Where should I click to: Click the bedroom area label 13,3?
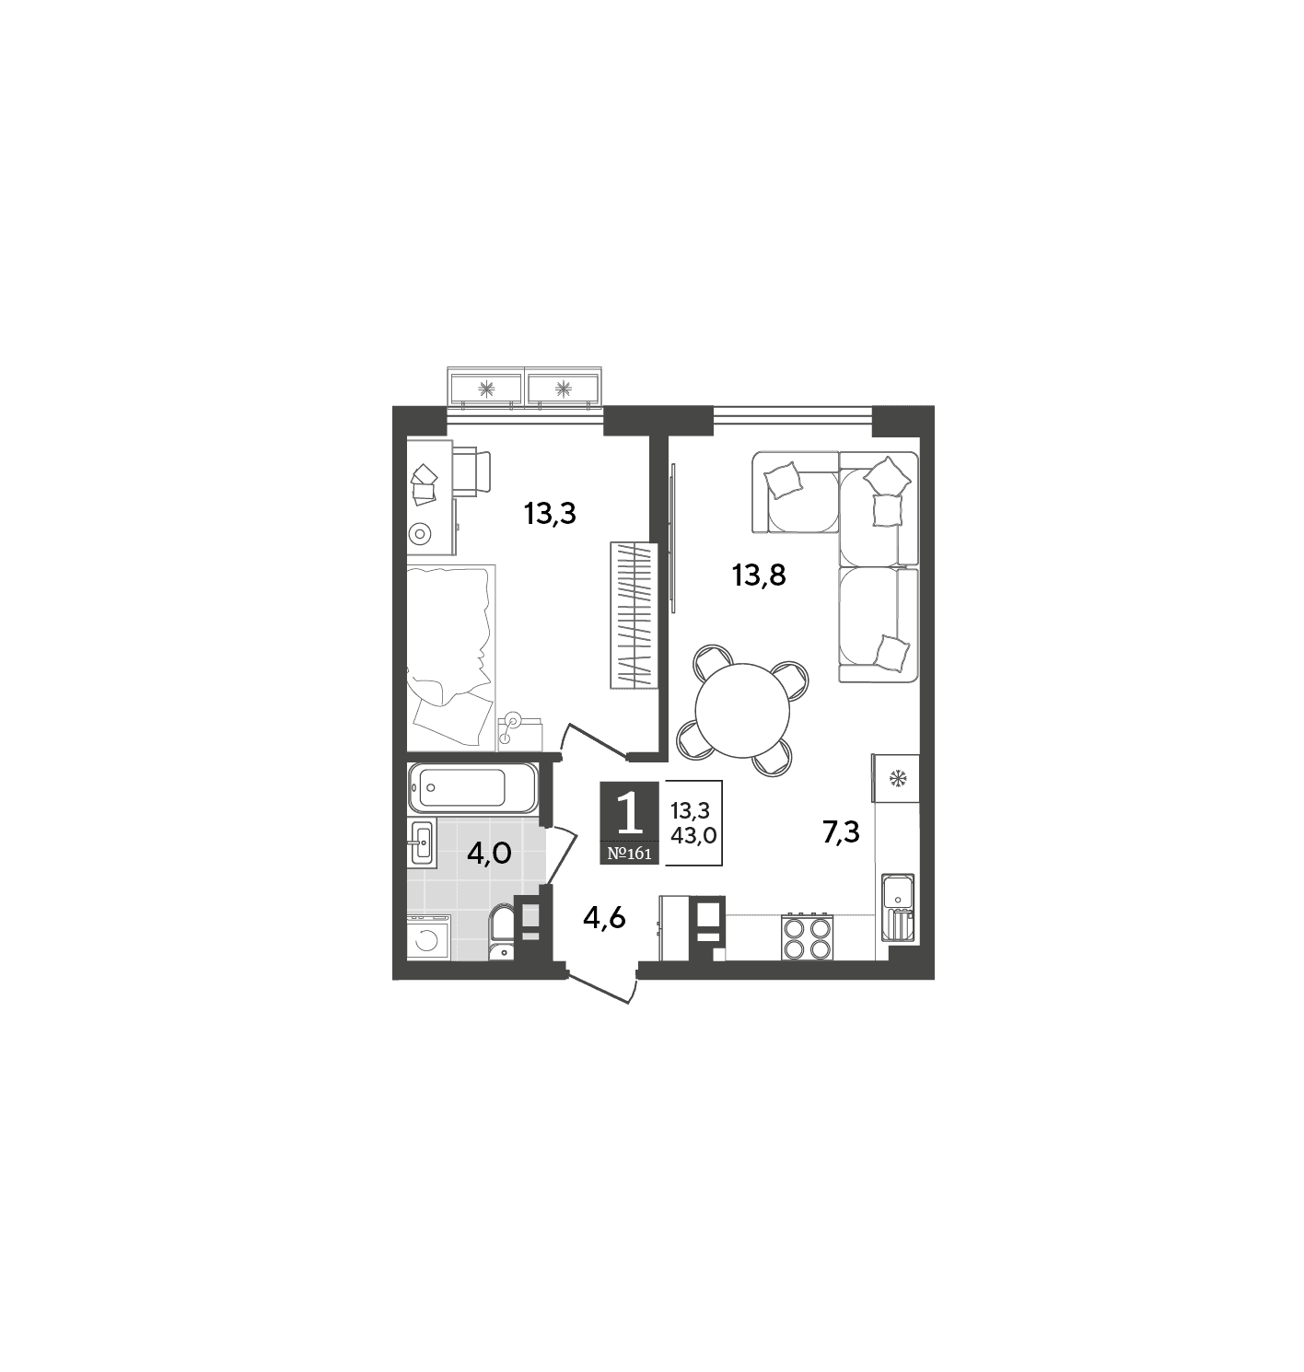point(550,515)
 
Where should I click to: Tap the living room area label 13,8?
point(759,576)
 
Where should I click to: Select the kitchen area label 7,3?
point(841,832)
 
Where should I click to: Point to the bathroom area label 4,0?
point(489,853)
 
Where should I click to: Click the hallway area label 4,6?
point(604,918)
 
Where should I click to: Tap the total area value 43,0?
point(693,835)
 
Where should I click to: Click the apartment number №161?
point(630,853)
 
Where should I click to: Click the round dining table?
point(742,710)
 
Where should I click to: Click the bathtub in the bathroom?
point(472,788)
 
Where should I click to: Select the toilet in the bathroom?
point(501,932)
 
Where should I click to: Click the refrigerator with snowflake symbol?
point(896,778)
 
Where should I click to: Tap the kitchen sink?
point(898,908)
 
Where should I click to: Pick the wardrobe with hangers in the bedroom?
point(634,615)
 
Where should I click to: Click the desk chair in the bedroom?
point(472,472)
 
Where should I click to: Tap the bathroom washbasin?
point(422,843)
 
